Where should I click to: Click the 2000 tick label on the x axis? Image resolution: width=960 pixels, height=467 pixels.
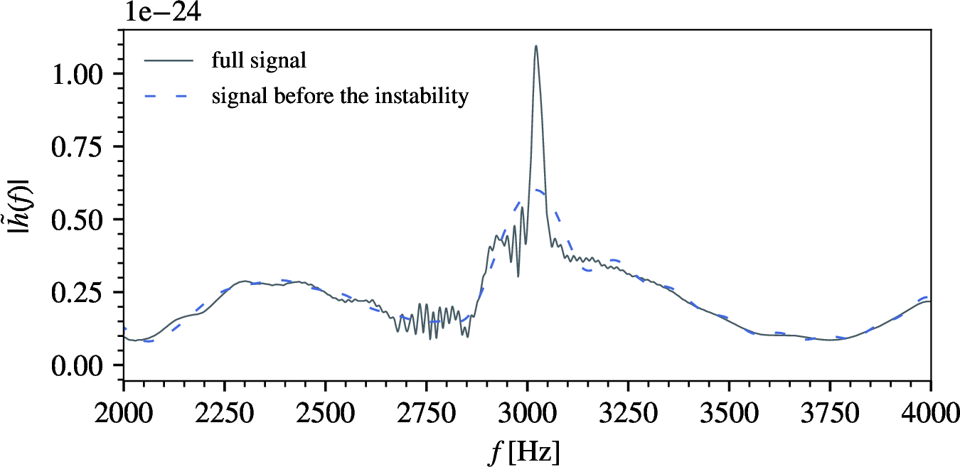[x=124, y=414]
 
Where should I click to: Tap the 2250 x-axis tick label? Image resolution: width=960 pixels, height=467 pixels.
[x=225, y=414]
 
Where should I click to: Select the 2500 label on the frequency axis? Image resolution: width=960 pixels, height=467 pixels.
[x=326, y=414]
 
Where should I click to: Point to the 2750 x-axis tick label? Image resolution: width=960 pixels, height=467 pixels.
[x=427, y=414]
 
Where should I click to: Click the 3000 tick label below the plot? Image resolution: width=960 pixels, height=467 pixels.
[x=528, y=414]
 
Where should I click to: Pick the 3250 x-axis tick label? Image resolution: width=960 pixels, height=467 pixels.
[x=629, y=414]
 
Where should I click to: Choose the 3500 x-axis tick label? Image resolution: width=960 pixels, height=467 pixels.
[x=729, y=414]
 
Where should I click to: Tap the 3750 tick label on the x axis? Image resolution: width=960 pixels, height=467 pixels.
[x=830, y=414]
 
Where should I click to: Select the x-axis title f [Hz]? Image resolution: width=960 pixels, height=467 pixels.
[x=527, y=452]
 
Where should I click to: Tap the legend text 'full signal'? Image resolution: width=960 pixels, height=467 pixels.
[x=259, y=61]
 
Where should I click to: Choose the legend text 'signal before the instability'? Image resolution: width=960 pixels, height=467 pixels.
[x=340, y=96]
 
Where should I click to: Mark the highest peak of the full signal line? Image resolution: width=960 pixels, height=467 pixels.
[x=535, y=46]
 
